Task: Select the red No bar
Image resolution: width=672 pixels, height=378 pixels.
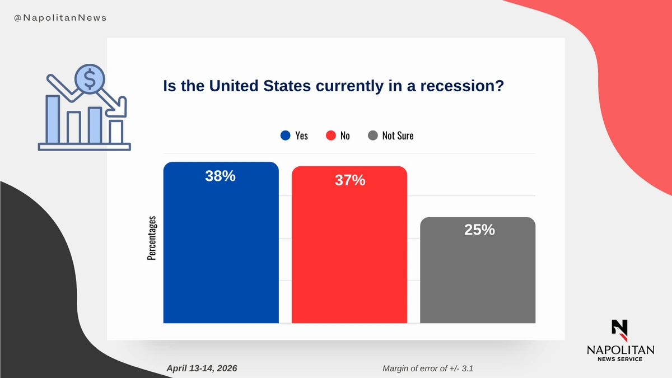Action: (x=349, y=252)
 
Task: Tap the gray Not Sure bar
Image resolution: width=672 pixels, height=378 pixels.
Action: (x=477, y=274)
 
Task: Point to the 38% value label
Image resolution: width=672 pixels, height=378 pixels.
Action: (x=220, y=176)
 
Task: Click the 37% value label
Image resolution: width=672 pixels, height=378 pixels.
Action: (x=350, y=180)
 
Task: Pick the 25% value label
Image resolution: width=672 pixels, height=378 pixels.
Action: (x=479, y=230)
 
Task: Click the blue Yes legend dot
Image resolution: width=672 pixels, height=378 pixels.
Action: (x=285, y=136)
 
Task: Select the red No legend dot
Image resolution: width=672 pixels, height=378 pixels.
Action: (x=330, y=136)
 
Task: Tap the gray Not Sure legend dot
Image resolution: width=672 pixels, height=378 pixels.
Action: (x=373, y=136)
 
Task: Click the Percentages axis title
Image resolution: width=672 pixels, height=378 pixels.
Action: (x=152, y=237)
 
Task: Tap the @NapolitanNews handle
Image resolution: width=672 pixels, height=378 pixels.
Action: (x=60, y=18)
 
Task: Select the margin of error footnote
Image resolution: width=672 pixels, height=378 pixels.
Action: (x=430, y=368)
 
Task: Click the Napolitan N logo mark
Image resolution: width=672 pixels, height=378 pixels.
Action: (x=619, y=330)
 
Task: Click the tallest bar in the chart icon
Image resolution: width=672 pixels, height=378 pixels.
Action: (x=53, y=119)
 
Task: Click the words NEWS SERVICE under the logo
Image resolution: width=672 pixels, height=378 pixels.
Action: (x=620, y=359)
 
